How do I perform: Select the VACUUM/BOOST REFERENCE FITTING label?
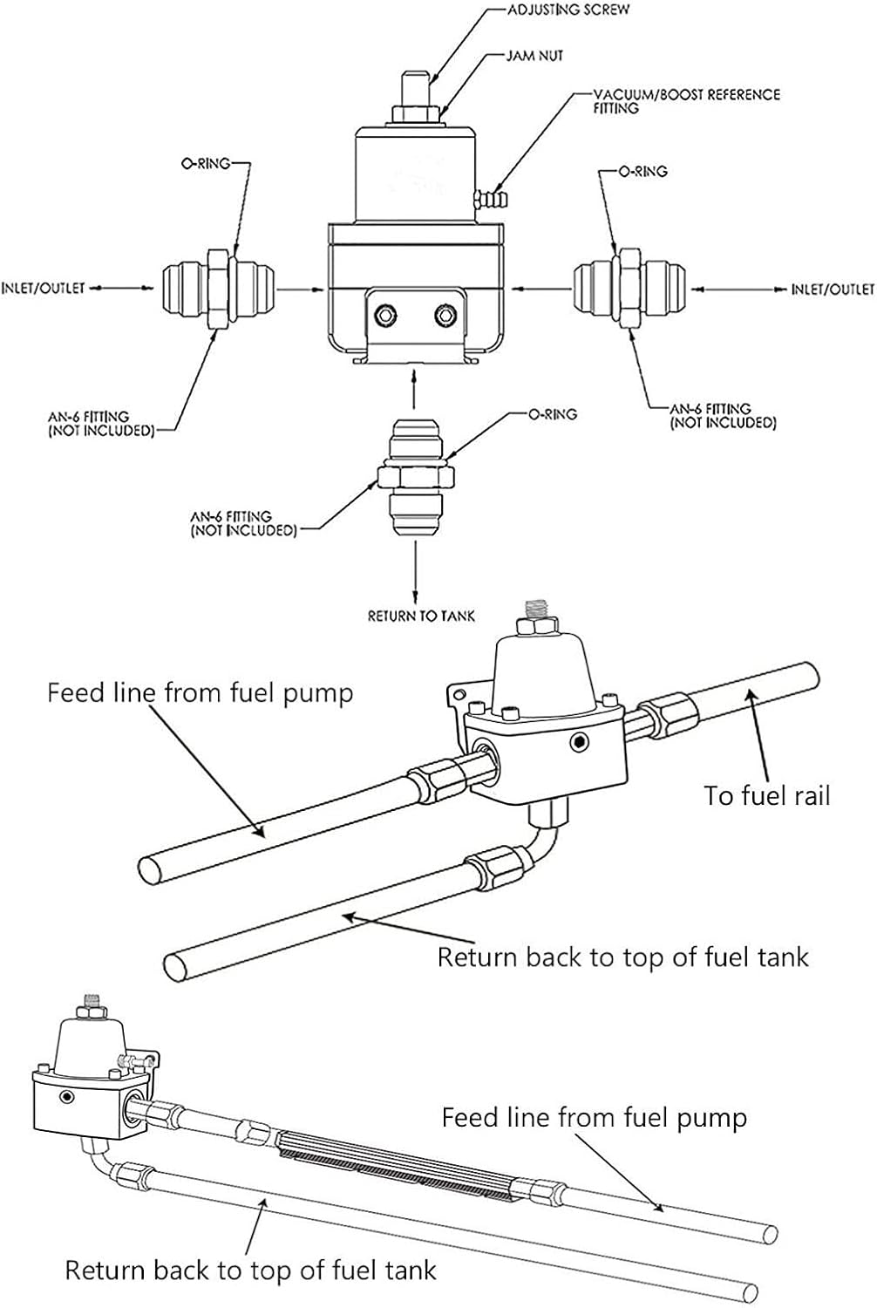point(686,100)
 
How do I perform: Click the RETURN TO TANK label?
point(421,616)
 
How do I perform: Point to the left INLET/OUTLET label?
point(43,287)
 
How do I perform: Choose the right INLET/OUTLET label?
point(832,289)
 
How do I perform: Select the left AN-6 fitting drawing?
point(219,288)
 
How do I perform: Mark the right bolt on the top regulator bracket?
point(446,313)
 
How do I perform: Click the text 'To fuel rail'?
point(767,795)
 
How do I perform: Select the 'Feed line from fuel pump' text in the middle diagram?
point(201,693)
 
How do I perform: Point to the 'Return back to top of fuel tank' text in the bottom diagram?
point(250,1270)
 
